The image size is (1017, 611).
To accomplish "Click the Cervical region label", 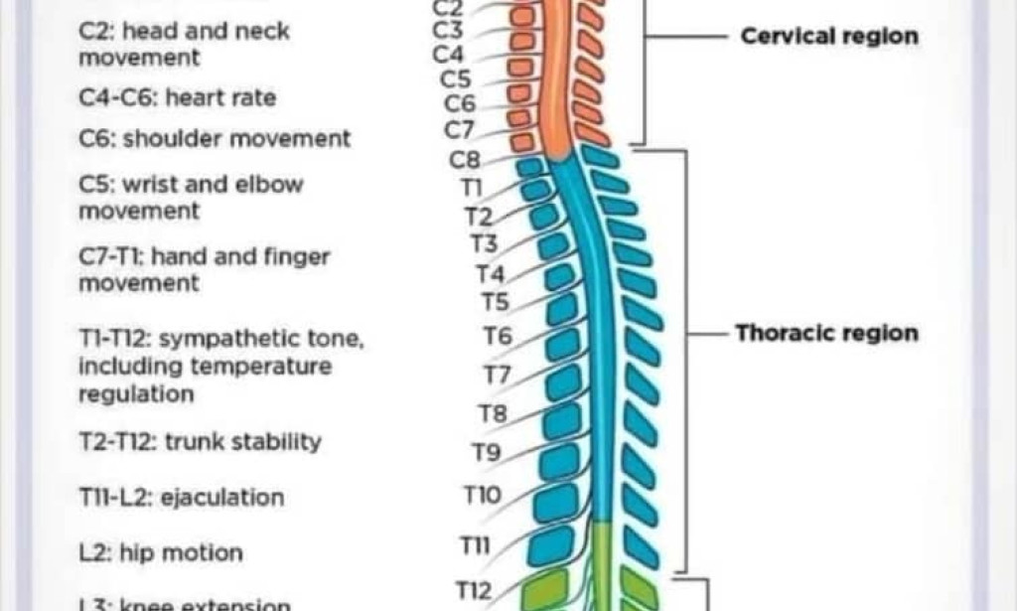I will [829, 37].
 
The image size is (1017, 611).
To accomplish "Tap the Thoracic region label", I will [826, 333].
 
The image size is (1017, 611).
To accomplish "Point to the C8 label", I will [465, 159].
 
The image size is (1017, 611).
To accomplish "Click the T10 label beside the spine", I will [483, 495].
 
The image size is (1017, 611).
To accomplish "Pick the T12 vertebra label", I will [474, 591].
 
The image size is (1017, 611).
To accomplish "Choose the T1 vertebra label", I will [471, 187].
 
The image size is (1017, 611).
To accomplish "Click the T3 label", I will [485, 243].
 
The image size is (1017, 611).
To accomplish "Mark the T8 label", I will [493, 412].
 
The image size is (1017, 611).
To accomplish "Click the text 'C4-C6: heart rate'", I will [178, 98].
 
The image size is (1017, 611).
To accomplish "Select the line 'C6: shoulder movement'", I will [215, 139].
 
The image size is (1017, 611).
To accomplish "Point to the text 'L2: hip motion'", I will [160, 552].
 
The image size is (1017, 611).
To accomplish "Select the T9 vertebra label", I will [486, 453].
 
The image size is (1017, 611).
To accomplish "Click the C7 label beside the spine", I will [460, 128].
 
